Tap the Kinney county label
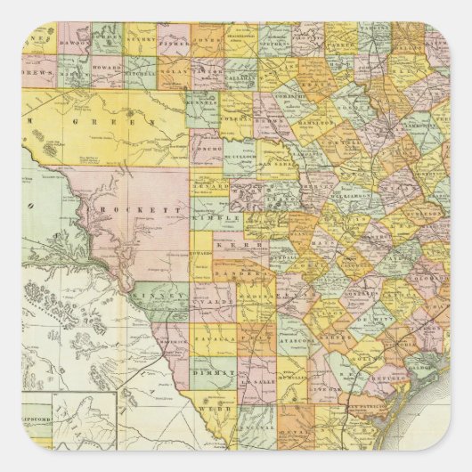[148, 290]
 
